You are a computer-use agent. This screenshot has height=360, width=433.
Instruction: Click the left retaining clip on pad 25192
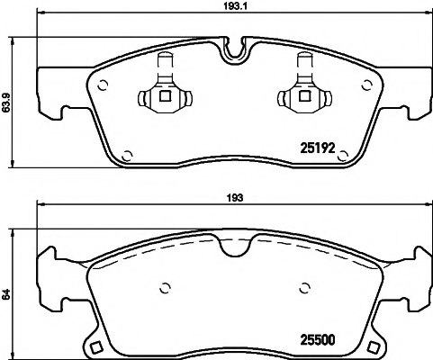[x=163, y=91]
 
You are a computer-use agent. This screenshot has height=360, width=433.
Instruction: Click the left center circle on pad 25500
[x=164, y=288]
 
